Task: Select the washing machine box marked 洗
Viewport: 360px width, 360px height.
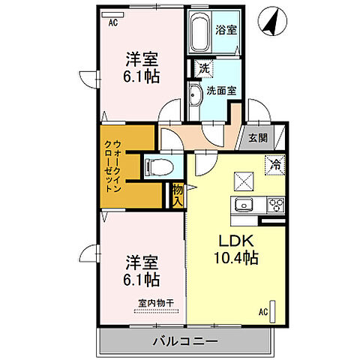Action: (x=204, y=68)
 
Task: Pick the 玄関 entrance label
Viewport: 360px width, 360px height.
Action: (x=257, y=137)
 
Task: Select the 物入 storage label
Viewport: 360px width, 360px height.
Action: (x=178, y=196)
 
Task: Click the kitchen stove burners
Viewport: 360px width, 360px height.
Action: (x=274, y=204)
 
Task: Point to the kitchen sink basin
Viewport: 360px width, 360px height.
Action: (x=244, y=205)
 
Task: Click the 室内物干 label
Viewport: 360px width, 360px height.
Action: (x=154, y=304)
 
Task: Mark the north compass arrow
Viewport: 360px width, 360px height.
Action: (x=268, y=23)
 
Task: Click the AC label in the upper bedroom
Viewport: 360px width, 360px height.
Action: (x=114, y=22)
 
